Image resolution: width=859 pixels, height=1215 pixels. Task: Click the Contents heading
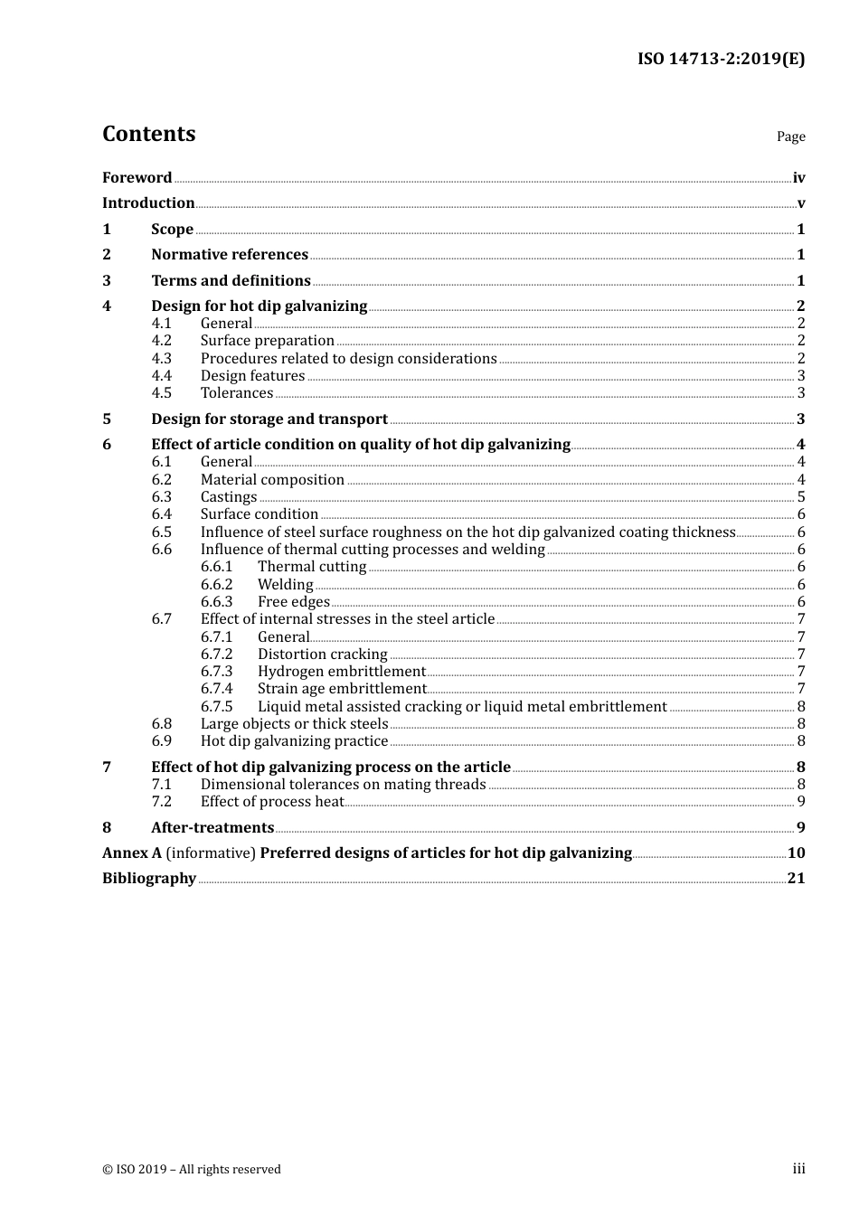pyautogui.click(x=148, y=134)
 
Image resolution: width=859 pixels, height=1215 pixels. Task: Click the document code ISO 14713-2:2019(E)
pyautogui.click(x=721, y=59)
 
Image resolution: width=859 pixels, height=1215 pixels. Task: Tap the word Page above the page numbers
pyautogui.click(x=790, y=137)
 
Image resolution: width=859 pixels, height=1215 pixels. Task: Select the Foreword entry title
pyautogui.click(x=137, y=177)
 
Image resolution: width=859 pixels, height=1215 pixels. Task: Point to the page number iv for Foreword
pyautogui.click(x=798, y=178)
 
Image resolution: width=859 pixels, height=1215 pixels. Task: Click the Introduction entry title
pyautogui.click(x=148, y=202)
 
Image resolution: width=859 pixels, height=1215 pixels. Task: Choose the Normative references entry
pyautogui.click(x=230, y=254)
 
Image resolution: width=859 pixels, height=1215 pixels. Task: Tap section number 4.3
pyautogui.click(x=161, y=358)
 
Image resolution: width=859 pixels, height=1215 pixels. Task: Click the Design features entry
pyautogui.click(x=252, y=375)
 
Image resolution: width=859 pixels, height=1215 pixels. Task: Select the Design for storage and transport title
pyautogui.click(x=269, y=419)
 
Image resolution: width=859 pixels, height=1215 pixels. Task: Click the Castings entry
pyautogui.click(x=229, y=496)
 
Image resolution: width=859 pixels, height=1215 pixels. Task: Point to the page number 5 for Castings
pyautogui.click(x=801, y=496)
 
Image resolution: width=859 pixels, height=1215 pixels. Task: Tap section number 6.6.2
pyautogui.click(x=216, y=584)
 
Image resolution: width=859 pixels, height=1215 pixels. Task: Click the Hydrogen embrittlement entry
pyautogui.click(x=341, y=671)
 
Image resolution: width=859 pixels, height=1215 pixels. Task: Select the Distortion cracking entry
pyautogui.click(x=322, y=654)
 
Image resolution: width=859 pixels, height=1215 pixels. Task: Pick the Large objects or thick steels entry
pyautogui.click(x=294, y=723)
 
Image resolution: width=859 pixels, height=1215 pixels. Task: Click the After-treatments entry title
pyautogui.click(x=212, y=827)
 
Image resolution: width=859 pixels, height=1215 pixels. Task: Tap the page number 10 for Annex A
pyautogui.click(x=796, y=852)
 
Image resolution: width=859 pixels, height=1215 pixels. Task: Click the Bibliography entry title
pyautogui.click(x=149, y=878)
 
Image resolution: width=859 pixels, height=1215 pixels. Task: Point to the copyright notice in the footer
pyautogui.click(x=192, y=1169)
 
